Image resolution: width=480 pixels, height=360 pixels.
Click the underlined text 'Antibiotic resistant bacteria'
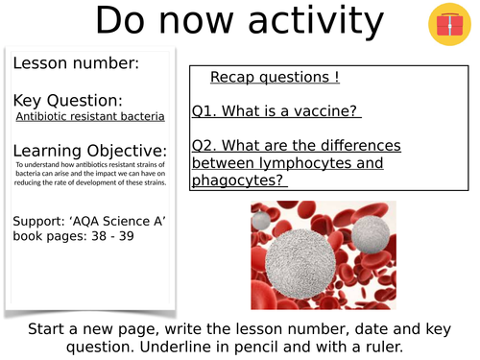pos(90,117)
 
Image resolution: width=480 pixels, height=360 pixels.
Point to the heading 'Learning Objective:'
pos(90,151)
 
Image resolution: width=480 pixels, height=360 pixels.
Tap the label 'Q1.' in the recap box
pos(205,111)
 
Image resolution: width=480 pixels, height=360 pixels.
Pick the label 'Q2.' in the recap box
pos(205,146)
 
